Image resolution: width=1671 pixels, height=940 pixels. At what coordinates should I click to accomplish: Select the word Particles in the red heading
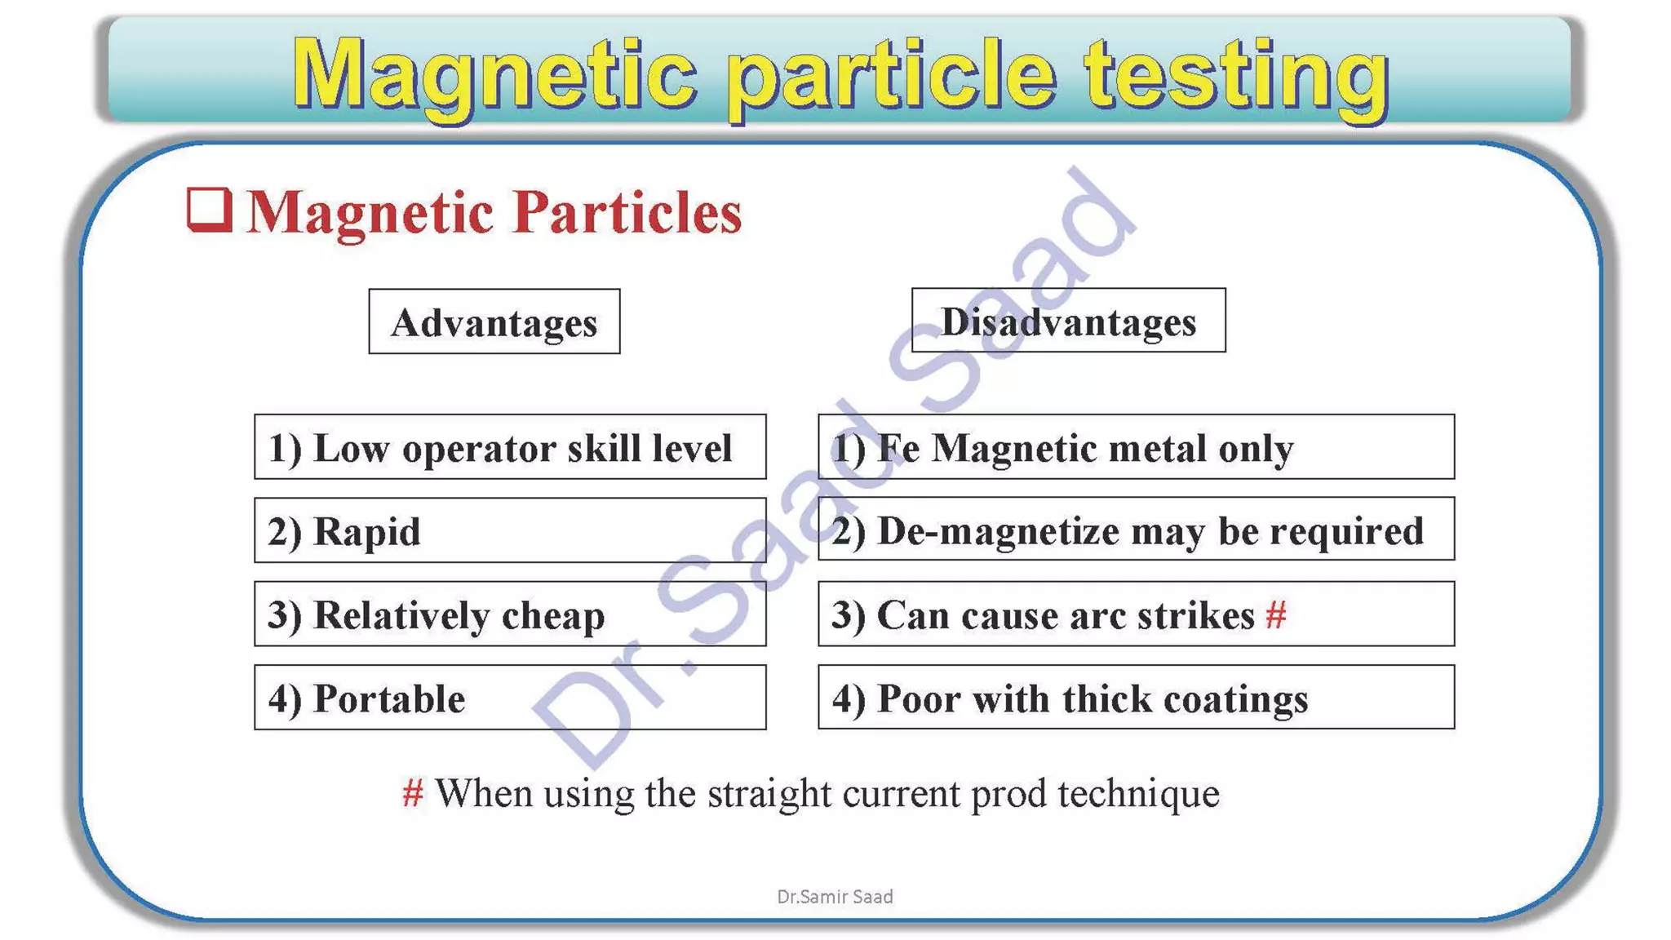tap(628, 212)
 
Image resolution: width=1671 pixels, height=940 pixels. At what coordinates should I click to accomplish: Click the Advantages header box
tap(494, 321)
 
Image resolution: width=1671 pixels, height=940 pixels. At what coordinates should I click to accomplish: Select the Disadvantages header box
tap(1068, 321)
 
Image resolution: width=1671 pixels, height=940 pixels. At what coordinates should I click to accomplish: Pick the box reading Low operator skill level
tap(510, 447)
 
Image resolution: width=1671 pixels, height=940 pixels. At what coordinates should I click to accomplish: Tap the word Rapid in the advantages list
tap(367, 531)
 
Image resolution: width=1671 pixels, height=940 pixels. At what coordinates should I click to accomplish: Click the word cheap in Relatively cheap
tap(553, 614)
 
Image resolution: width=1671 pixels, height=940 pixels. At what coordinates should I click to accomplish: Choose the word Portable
tap(389, 698)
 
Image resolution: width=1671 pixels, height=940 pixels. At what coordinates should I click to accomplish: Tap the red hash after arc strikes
tap(1276, 614)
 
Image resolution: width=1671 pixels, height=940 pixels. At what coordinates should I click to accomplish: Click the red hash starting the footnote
tap(413, 792)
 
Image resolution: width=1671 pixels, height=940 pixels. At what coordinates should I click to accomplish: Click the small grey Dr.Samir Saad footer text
tap(835, 897)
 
